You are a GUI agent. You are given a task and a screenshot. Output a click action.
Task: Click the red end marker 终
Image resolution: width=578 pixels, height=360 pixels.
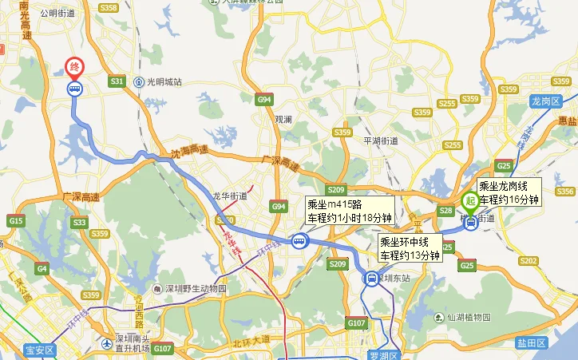(x=74, y=66)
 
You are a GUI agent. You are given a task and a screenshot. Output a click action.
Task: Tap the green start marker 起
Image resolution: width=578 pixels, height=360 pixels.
(x=470, y=201)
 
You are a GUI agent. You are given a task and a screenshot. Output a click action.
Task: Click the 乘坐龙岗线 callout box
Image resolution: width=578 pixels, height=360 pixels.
(x=509, y=192)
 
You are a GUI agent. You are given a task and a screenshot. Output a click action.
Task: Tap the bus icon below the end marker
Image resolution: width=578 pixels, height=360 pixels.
(x=74, y=88)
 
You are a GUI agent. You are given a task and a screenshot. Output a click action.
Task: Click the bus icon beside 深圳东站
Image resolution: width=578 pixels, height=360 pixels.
(x=371, y=278)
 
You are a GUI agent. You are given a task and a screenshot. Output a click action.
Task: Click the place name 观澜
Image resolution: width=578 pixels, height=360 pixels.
(x=283, y=120)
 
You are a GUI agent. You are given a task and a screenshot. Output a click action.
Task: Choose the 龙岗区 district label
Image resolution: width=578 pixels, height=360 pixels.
(x=547, y=101)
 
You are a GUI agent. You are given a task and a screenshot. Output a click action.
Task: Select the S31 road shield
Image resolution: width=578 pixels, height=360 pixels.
(x=117, y=81)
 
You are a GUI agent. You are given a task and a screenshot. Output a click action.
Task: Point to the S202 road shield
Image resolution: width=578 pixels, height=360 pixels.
(x=529, y=261)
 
